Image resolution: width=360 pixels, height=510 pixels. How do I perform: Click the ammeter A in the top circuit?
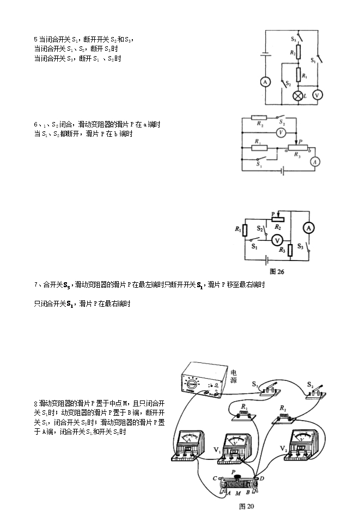coord(265,82)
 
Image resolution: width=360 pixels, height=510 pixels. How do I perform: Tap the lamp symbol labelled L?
coord(298,95)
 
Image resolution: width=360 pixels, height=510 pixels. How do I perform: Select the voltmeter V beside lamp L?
coord(318,95)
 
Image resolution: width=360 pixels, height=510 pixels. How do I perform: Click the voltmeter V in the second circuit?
coord(280,132)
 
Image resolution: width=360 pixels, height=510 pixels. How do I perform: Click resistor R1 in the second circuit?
coord(260,148)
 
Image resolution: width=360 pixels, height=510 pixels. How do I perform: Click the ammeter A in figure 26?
coord(308,228)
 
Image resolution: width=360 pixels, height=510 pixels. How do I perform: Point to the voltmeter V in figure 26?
coord(277,240)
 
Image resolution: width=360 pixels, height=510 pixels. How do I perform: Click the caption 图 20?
coord(247,506)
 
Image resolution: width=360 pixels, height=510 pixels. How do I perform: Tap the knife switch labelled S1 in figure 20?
coord(269,388)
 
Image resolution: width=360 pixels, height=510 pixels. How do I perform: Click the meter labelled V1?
coord(235,448)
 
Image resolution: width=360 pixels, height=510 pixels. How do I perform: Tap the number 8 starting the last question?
coord(35,404)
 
